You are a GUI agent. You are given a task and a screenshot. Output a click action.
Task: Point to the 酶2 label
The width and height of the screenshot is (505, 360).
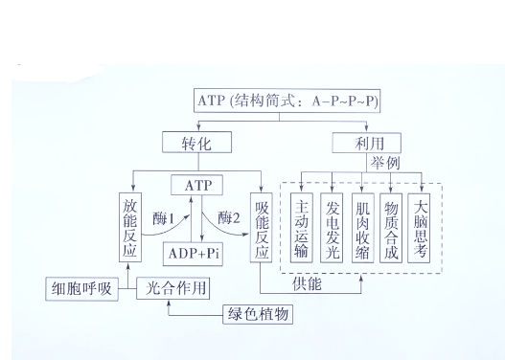point(230,217)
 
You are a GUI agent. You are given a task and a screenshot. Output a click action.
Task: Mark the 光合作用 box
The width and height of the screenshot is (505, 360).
point(173,287)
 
